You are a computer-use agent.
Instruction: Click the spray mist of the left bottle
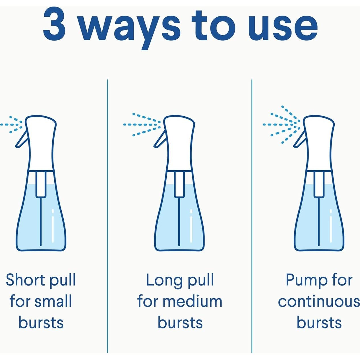click(x=11, y=125)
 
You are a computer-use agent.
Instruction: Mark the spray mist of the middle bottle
click(x=142, y=125)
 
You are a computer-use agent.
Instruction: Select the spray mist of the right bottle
click(x=282, y=125)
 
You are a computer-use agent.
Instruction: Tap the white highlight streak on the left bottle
click(x=53, y=226)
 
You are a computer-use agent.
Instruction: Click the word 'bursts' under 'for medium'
click(x=180, y=322)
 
